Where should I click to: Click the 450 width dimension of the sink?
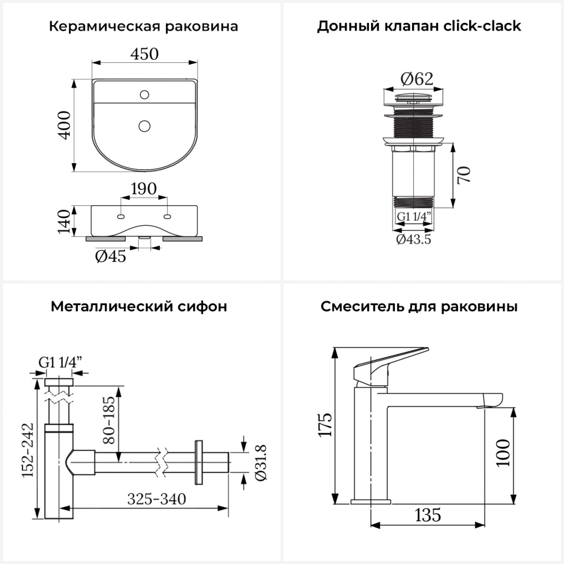144,54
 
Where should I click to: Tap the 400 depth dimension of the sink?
65,125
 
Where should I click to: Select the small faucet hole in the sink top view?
144,94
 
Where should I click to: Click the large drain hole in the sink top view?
144,126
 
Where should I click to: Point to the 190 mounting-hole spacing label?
144,188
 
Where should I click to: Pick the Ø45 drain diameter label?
111,256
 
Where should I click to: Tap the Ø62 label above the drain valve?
417,79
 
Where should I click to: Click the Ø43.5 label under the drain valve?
414,240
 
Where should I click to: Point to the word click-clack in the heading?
482,26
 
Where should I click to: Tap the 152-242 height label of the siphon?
28,450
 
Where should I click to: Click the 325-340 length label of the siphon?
156,499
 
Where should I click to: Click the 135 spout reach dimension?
428,515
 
